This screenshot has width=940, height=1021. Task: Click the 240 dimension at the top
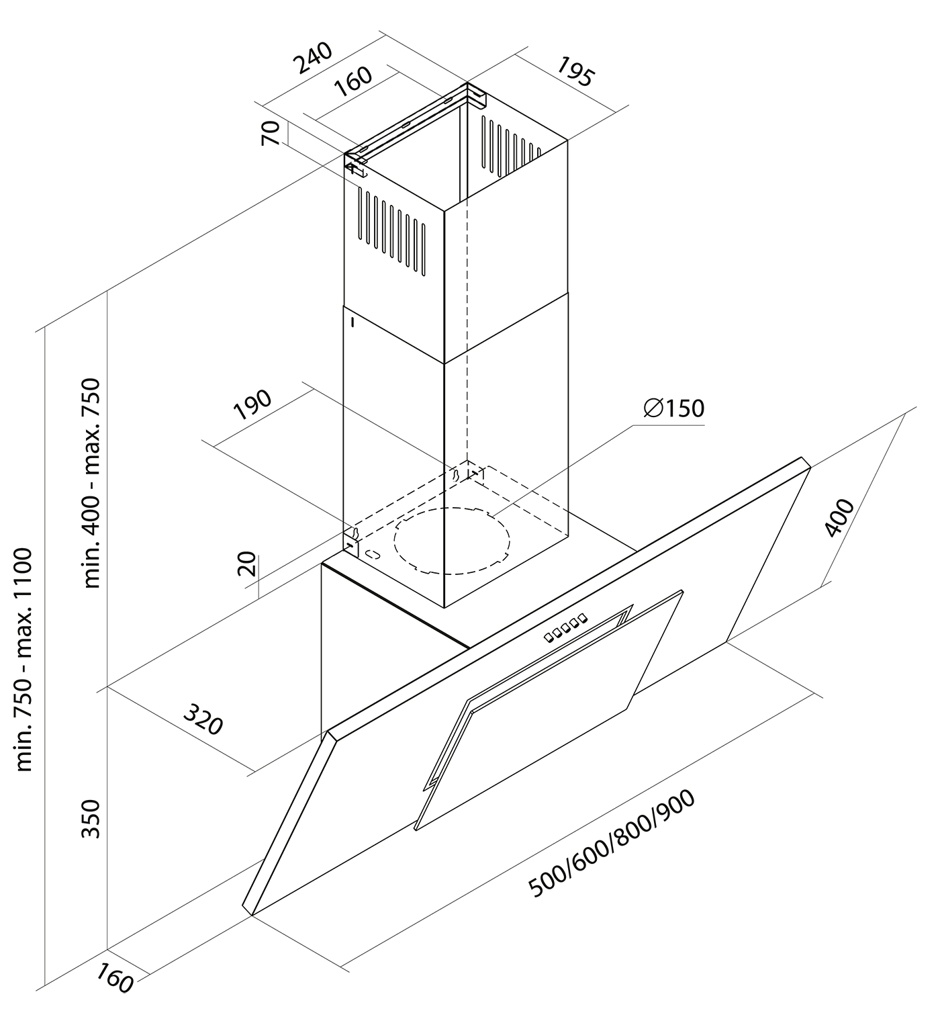314,58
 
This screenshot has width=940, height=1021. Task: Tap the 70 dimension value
271,134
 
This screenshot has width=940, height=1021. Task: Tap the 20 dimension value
247,565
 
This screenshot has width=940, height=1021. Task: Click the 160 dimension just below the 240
352,82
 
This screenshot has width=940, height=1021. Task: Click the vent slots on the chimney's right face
510,145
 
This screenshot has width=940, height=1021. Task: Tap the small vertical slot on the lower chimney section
352,323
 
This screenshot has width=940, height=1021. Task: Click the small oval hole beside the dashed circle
373,555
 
